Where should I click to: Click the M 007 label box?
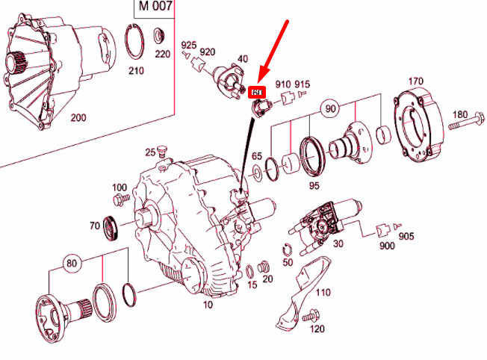click(x=155, y=8)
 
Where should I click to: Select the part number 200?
click(x=78, y=118)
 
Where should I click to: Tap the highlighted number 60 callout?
click(x=258, y=93)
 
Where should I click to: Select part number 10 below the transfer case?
click(x=208, y=304)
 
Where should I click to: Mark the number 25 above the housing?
click(x=150, y=153)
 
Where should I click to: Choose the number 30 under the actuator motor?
click(x=338, y=244)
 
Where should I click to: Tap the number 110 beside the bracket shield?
click(x=321, y=292)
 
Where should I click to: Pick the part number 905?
click(x=406, y=236)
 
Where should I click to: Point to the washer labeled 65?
click(x=257, y=173)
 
